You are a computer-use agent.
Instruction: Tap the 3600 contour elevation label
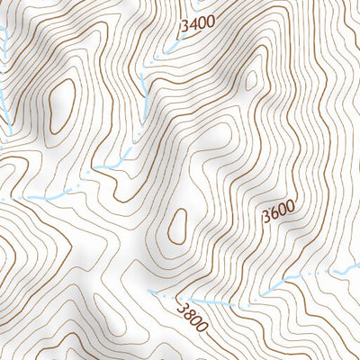coord(279,215)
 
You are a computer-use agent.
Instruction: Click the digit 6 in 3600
coord(274,217)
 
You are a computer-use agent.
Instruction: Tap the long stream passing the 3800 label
coord(270,291)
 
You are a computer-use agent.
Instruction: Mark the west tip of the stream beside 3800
coord(151,292)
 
